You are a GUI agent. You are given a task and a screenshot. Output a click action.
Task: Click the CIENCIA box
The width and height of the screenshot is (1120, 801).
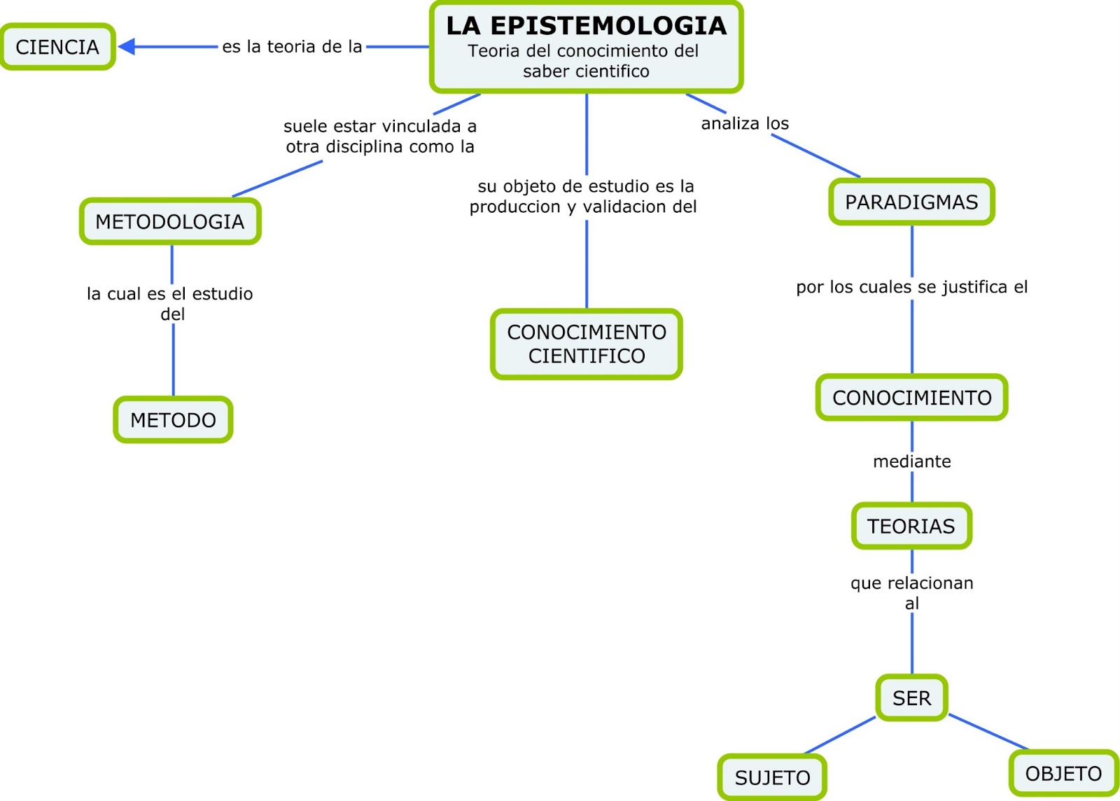57,47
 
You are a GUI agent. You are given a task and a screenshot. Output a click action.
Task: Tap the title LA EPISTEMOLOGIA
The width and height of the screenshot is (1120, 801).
586,26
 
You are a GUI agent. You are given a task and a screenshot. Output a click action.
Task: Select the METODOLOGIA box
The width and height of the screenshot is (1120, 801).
170,221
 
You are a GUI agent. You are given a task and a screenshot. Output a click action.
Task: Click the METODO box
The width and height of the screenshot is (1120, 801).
173,420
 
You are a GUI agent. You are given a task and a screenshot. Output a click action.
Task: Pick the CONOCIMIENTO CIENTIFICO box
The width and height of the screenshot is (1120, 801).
587,344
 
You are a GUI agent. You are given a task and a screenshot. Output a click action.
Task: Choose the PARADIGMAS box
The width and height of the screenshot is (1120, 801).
911,202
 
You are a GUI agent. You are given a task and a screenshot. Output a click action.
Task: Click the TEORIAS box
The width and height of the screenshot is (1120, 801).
911,526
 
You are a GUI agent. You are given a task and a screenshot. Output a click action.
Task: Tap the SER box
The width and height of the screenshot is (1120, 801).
911,697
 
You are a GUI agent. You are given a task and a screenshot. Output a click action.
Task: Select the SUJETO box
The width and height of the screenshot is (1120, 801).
772,777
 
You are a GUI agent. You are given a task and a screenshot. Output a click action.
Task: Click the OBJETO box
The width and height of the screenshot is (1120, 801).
1063,773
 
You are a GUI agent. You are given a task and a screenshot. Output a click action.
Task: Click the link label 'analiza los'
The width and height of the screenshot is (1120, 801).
745,123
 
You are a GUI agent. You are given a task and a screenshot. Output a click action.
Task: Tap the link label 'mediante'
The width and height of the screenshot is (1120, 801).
911,461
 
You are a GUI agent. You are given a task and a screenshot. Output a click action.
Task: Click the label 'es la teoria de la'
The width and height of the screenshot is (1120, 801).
292,47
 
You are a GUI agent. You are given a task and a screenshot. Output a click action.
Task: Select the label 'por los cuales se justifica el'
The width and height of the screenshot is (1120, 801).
911,287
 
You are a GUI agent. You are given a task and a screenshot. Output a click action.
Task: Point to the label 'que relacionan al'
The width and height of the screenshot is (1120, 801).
911,592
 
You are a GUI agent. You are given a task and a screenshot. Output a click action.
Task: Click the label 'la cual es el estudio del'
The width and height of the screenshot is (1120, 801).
170,303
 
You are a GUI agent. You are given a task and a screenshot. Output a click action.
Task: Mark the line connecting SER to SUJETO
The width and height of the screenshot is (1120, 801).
840,735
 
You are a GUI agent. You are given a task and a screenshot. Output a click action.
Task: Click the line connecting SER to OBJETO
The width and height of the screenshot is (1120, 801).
988,732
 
